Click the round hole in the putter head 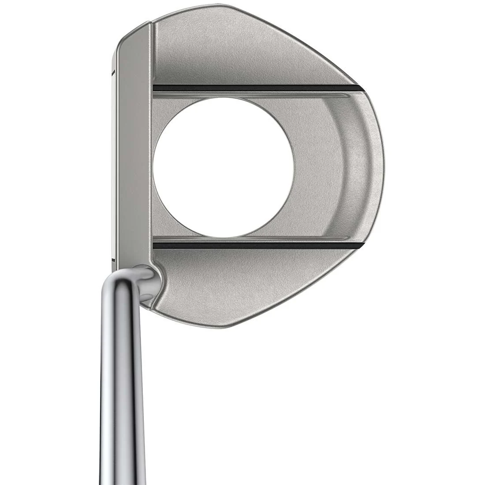pos(224,167)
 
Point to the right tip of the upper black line pos(362,88)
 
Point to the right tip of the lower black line pos(362,244)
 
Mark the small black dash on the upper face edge pos(114,71)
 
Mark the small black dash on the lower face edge pos(113,260)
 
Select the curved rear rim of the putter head pos(377,167)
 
